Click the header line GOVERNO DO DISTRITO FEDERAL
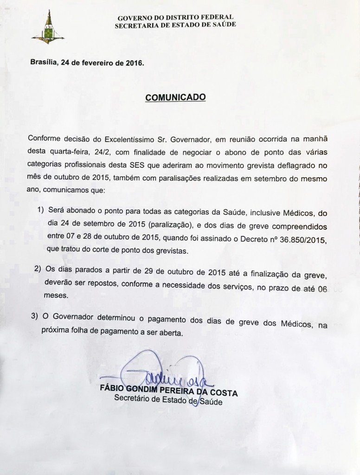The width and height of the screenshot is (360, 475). point(175,18)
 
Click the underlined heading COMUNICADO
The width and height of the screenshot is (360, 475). point(175,98)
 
